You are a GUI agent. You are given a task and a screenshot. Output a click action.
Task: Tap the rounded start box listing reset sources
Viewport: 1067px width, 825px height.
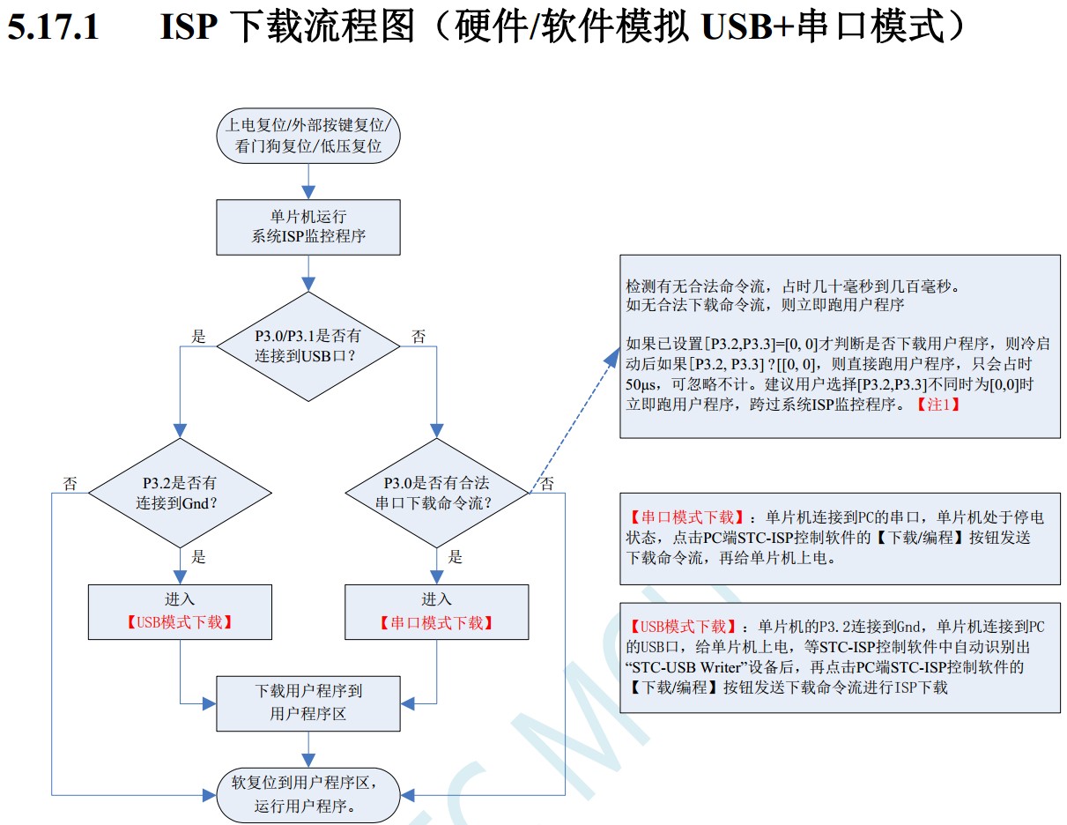coord(308,135)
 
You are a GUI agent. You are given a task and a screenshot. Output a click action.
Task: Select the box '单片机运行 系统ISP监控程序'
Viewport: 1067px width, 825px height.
coord(308,227)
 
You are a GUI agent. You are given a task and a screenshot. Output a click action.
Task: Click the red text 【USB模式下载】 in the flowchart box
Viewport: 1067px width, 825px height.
coord(180,622)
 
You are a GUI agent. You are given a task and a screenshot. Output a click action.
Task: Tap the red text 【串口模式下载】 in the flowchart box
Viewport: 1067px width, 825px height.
coord(436,622)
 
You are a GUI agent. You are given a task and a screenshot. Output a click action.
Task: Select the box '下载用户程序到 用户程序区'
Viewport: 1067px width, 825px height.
coord(308,702)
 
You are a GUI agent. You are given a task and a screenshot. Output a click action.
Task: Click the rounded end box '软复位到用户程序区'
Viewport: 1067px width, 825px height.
coord(308,793)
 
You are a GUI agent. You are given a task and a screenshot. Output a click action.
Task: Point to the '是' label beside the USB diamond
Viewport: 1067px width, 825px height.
coord(199,336)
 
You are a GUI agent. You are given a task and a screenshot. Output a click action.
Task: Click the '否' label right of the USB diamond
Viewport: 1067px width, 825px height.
coord(419,336)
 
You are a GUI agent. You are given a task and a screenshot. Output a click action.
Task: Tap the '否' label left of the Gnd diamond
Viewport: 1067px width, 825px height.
coord(70,483)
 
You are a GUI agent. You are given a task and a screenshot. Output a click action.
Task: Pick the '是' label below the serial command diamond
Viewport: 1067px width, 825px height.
coord(456,556)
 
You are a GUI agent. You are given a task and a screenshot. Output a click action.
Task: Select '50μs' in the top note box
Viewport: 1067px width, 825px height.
coord(642,384)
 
